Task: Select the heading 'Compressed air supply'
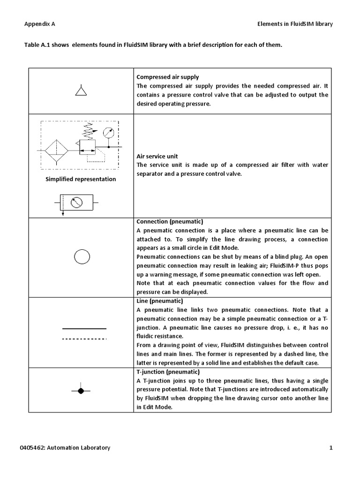tap(167, 77)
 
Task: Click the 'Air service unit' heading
tap(157, 156)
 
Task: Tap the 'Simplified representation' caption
tap(81, 179)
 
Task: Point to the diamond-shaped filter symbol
tap(56, 151)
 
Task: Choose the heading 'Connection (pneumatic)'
tap(169, 221)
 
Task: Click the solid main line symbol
tap(84, 329)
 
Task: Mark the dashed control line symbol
tap(84, 338)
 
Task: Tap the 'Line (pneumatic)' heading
tap(159, 300)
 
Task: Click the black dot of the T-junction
tap(81, 390)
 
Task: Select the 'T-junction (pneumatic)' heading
tap(166, 372)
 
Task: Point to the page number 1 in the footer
tap(330, 448)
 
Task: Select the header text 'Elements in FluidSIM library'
tap(295, 24)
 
